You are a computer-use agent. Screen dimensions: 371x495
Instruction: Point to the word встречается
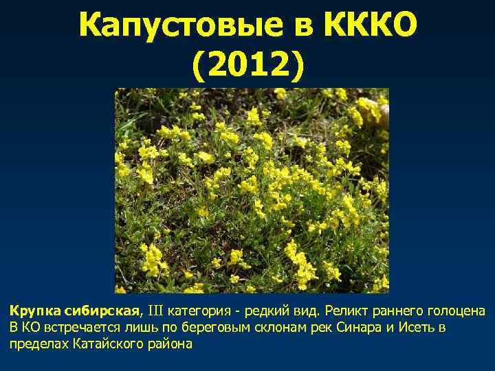[72, 327]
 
